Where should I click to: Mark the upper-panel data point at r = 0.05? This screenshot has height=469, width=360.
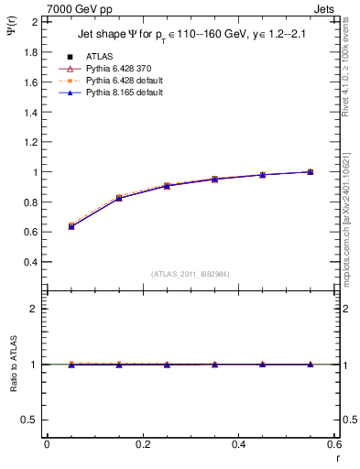tap(71, 225)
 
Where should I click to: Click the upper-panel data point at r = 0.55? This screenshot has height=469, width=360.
tap(310, 171)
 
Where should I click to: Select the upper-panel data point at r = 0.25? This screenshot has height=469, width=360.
tap(167, 186)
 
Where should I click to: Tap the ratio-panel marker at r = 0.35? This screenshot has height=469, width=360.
tap(214, 365)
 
